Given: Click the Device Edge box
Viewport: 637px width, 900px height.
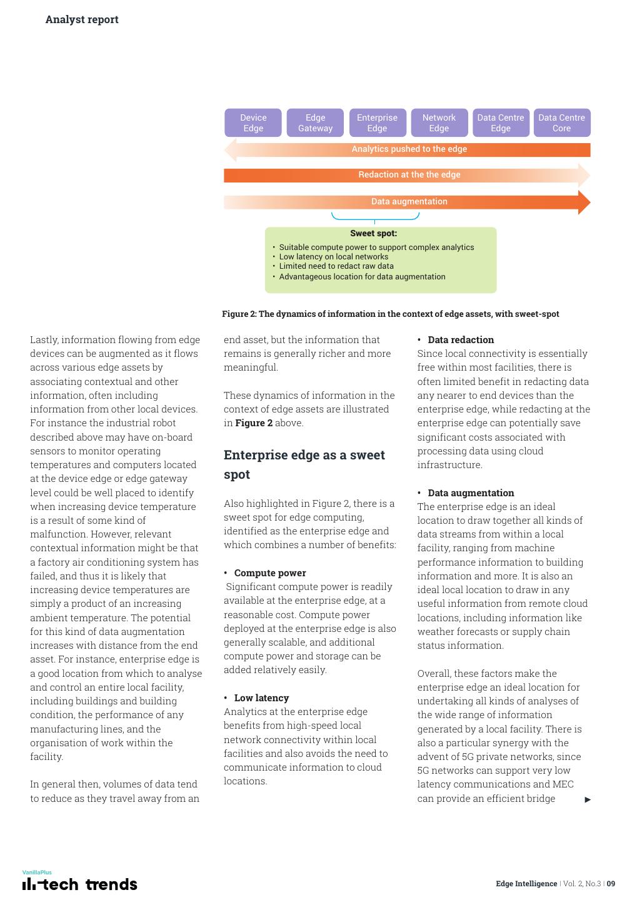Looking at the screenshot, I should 253,123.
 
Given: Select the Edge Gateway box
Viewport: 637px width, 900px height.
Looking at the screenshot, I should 315,123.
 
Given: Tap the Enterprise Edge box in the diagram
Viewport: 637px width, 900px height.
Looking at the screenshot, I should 377,123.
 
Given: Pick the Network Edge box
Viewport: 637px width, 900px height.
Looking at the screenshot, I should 439,123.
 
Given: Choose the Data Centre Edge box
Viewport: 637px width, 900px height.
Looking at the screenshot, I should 500,123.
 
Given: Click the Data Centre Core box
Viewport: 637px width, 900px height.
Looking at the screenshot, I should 561,123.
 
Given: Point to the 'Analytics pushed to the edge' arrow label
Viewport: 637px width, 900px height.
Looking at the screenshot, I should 409,149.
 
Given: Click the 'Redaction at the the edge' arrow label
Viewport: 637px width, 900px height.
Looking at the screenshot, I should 409,175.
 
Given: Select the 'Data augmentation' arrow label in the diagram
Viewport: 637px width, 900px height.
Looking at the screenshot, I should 409,202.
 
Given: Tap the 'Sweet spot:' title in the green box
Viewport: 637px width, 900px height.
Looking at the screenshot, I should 373,234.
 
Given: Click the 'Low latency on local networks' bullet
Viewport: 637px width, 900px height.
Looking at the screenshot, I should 333,257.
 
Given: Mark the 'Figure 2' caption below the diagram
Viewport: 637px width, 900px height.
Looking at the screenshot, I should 390,314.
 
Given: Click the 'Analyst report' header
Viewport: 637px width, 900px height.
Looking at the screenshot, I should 82,19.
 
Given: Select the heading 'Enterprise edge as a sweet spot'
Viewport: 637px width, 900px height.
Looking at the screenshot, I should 304,464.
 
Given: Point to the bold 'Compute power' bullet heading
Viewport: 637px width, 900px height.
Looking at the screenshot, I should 269,573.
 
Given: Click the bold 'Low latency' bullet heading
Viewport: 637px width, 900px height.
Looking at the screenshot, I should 261,698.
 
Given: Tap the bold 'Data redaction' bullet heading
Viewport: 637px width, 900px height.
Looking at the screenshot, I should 461,340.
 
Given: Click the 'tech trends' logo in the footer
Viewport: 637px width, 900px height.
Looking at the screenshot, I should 80,884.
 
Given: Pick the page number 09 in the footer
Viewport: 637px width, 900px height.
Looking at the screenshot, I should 611,884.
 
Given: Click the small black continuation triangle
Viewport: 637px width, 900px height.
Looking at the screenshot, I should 588,799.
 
